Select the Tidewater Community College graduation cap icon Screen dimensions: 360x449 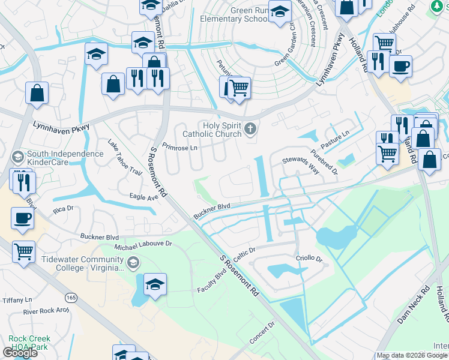[x=133, y=263]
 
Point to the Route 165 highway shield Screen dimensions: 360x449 [x=71, y=298]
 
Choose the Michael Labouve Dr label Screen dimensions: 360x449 [x=143, y=245]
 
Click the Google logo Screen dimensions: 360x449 [x=20, y=353]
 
